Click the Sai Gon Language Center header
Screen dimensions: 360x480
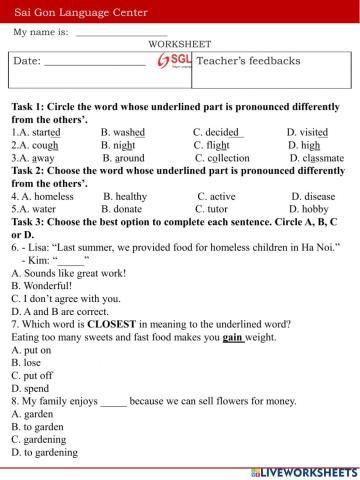point(81,12)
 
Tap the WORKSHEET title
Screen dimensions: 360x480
point(179,45)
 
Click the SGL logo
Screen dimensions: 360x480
point(174,62)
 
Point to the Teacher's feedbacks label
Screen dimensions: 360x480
point(249,61)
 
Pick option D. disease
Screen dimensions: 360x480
point(313,196)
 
